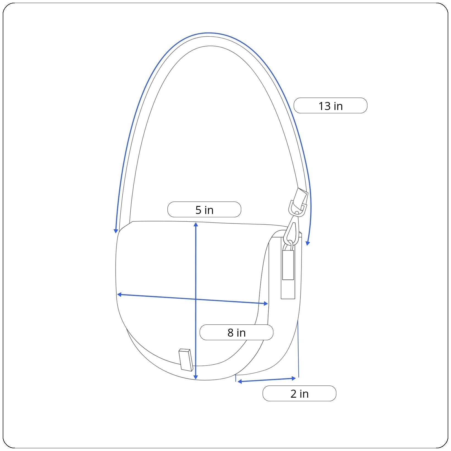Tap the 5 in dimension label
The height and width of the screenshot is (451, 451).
click(204, 210)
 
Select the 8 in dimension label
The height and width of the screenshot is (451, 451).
click(236, 332)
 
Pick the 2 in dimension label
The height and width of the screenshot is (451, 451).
click(299, 393)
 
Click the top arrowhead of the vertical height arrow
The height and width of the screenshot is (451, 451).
click(196, 224)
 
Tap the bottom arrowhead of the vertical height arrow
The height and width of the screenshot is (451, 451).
click(196, 377)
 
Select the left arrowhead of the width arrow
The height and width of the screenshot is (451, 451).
click(119, 295)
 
